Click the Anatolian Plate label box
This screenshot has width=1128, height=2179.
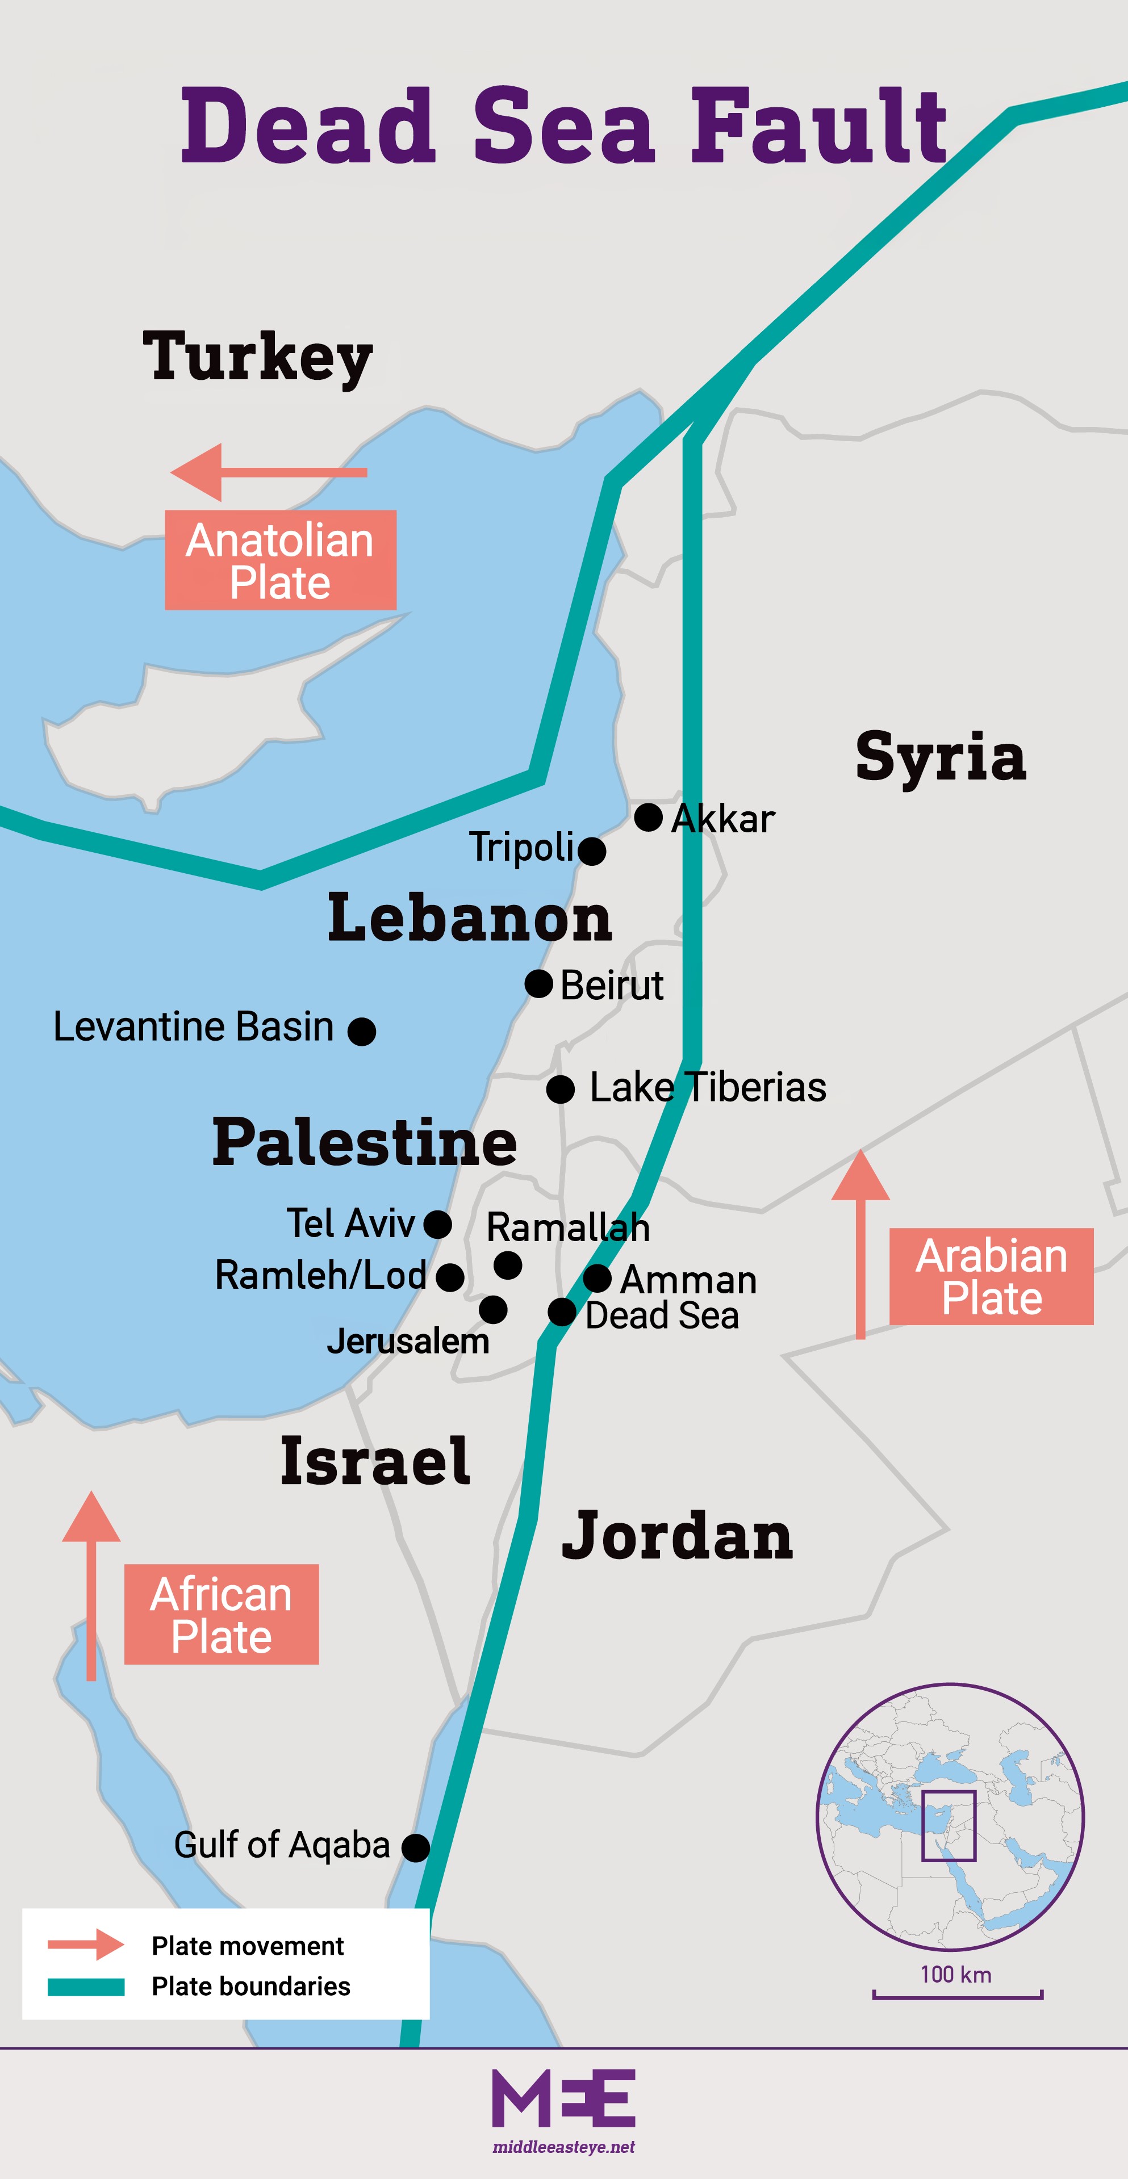click(x=280, y=560)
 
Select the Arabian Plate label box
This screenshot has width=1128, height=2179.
click(x=991, y=1276)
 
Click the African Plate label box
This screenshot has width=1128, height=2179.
click(x=221, y=1614)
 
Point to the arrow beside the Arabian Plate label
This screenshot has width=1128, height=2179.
click(x=860, y=1243)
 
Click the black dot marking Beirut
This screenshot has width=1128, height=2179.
click(x=538, y=984)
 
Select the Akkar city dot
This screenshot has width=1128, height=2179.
click(x=648, y=817)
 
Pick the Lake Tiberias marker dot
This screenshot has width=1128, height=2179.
click(x=560, y=1089)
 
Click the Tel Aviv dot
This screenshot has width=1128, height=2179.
click(x=437, y=1224)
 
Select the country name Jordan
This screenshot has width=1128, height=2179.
click(x=677, y=1535)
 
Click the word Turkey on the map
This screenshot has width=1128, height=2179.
click(x=257, y=357)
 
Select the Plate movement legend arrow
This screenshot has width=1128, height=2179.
click(x=85, y=1944)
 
